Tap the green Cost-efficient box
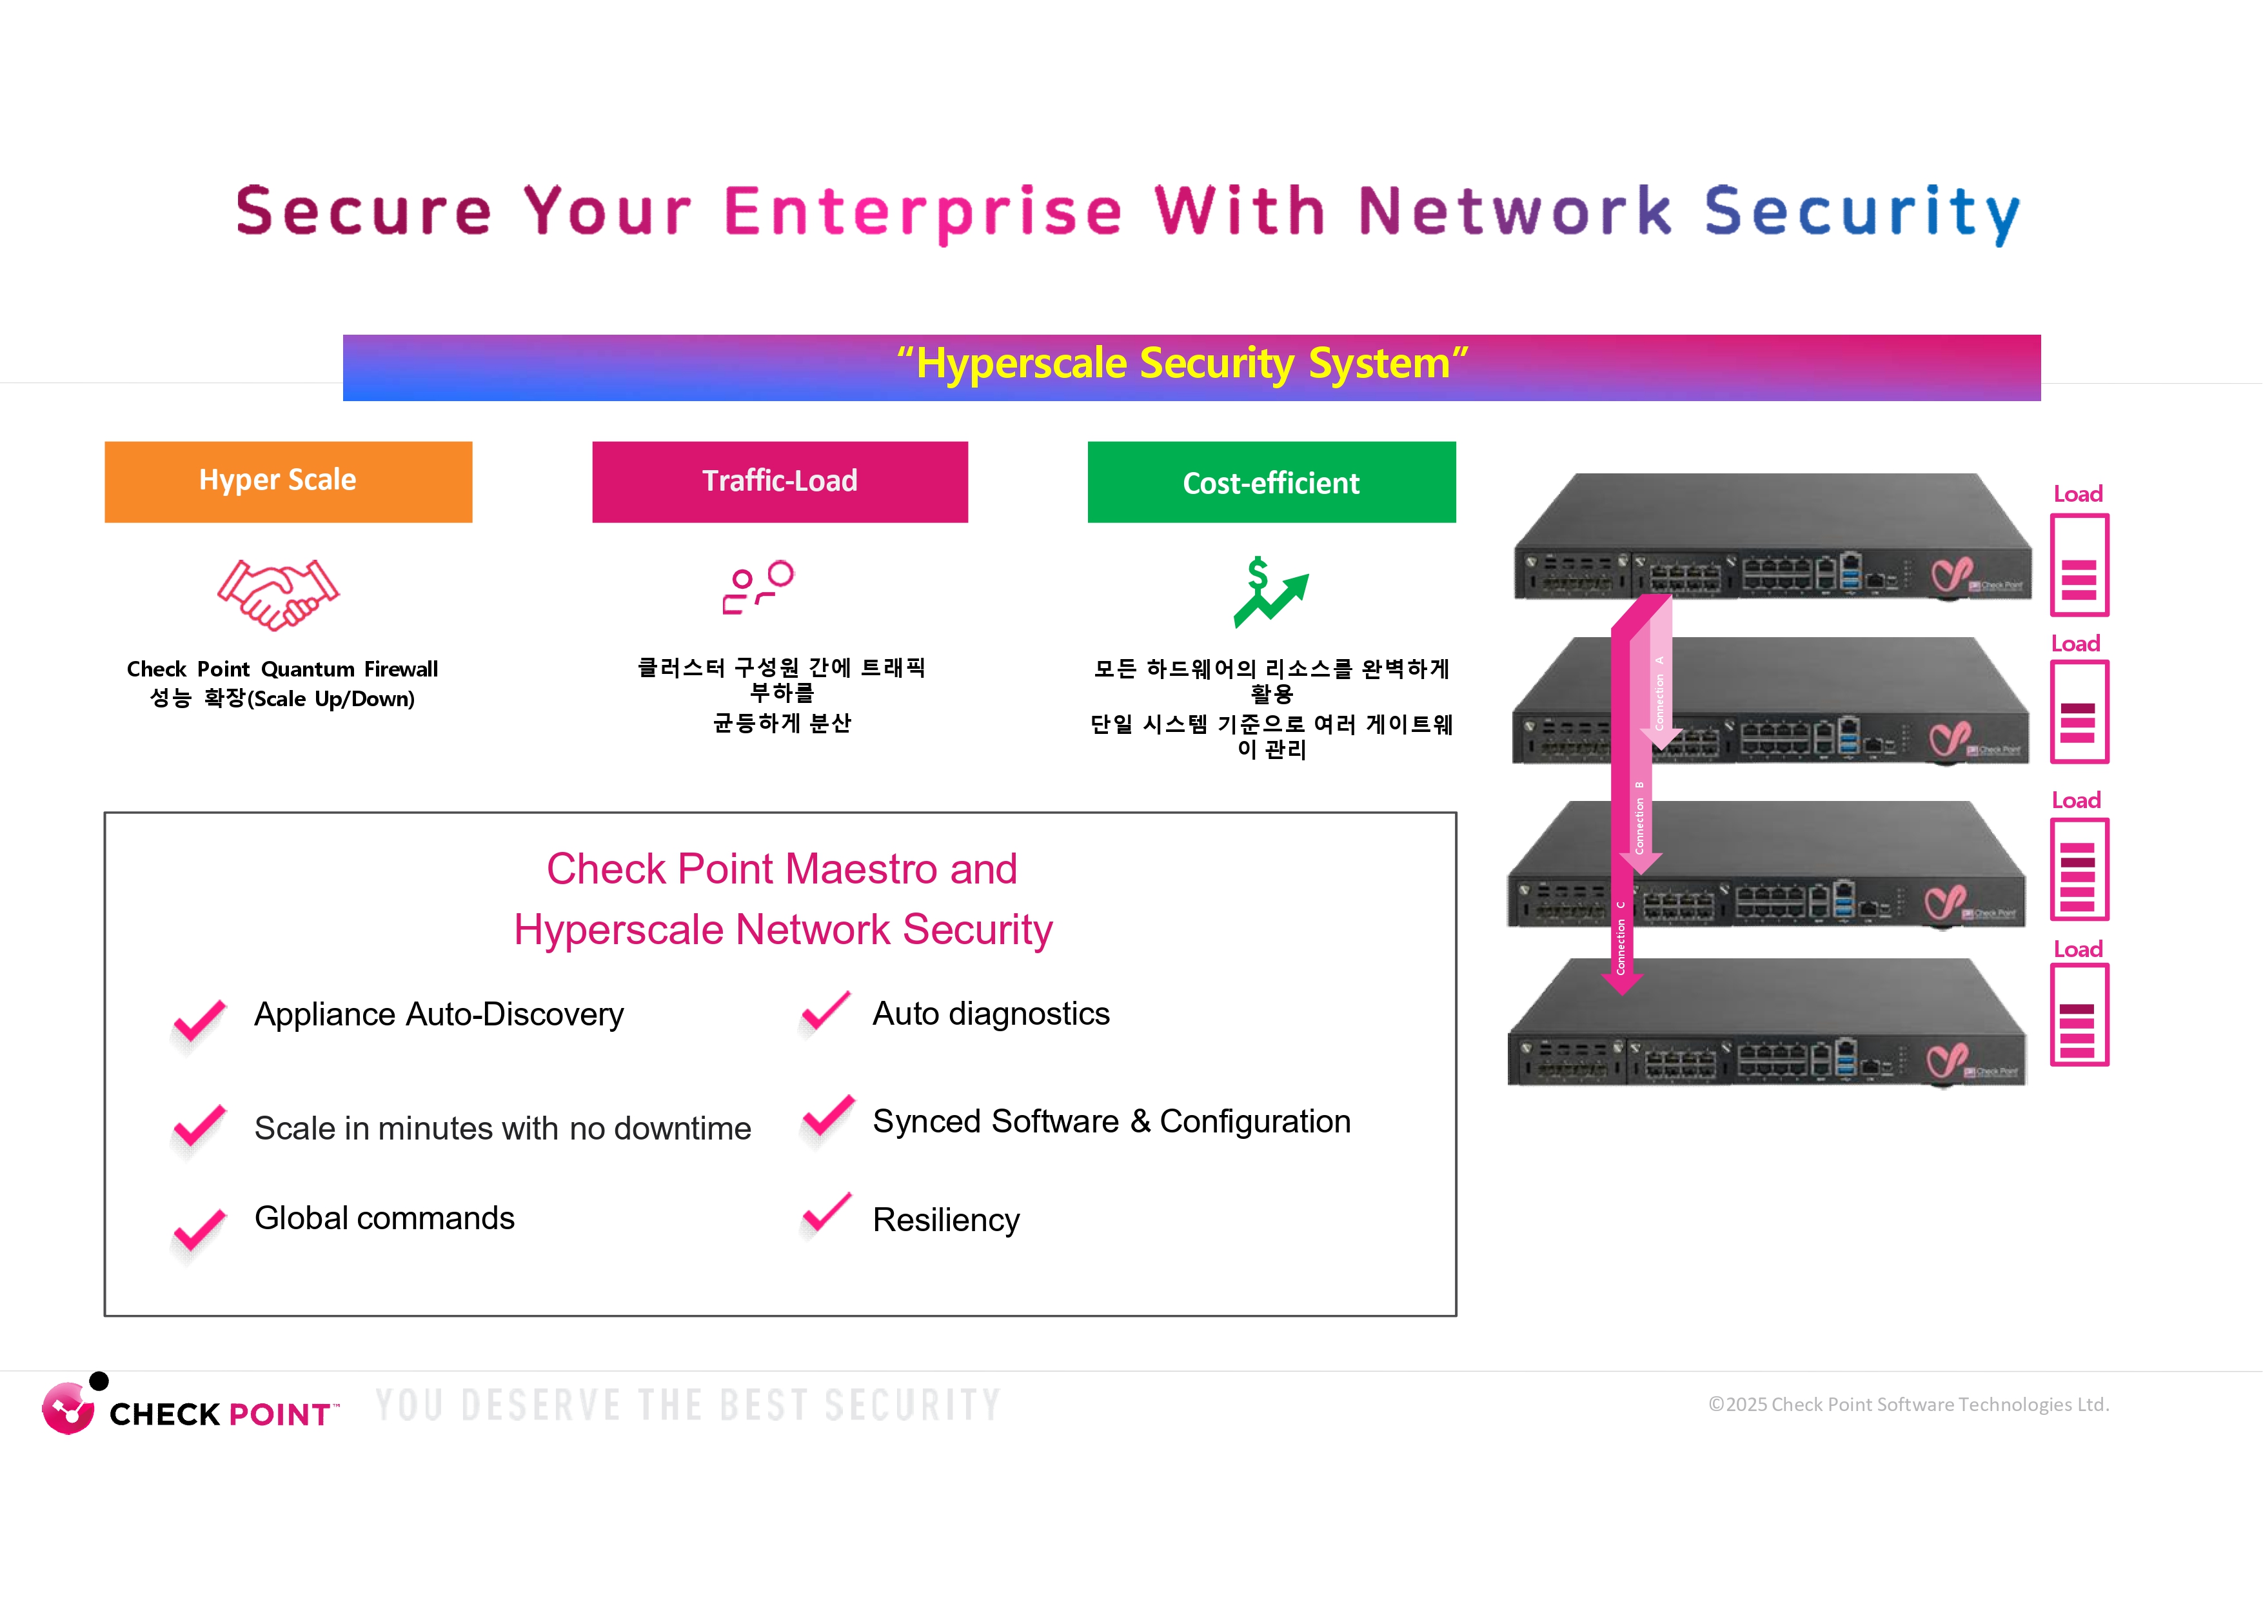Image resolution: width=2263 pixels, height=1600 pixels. click(x=1272, y=482)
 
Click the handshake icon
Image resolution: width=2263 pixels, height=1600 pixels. click(x=278, y=593)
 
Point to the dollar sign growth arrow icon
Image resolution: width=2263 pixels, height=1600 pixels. click(x=1269, y=591)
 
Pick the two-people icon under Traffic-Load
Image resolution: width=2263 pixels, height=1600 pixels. click(x=758, y=588)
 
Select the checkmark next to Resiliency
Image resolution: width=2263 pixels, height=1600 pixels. click(x=826, y=1214)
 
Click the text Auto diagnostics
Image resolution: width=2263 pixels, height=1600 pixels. click(x=991, y=1013)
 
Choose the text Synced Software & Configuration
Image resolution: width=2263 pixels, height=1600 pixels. click(x=1111, y=1121)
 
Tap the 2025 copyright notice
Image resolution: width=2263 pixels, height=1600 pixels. click(x=1908, y=1404)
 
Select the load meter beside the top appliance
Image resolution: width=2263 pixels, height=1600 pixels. click(x=2079, y=565)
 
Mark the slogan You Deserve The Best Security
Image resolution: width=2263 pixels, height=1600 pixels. click(x=688, y=1405)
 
